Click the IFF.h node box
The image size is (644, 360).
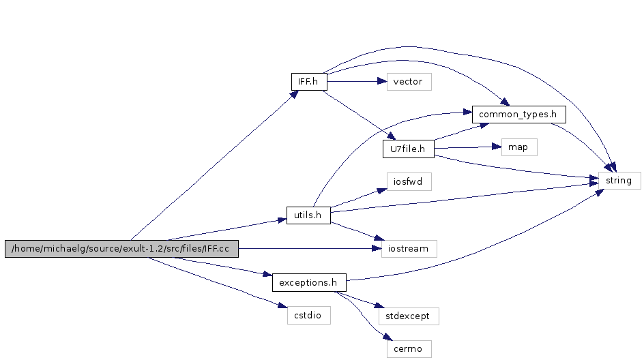point(308,81)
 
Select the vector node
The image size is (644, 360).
point(408,81)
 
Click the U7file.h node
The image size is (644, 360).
point(408,148)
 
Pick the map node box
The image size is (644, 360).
point(518,147)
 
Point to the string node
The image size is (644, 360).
point(619,181)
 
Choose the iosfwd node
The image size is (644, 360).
point(408,181)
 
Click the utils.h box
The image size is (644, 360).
point(308,215)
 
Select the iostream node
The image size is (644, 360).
point(409,248)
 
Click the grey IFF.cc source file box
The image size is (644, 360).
point(121,249)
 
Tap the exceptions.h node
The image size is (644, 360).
point(308,282)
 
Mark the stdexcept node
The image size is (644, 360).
point(408,316)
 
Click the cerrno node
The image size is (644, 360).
point(408,348)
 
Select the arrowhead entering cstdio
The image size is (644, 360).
point(282,308)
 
